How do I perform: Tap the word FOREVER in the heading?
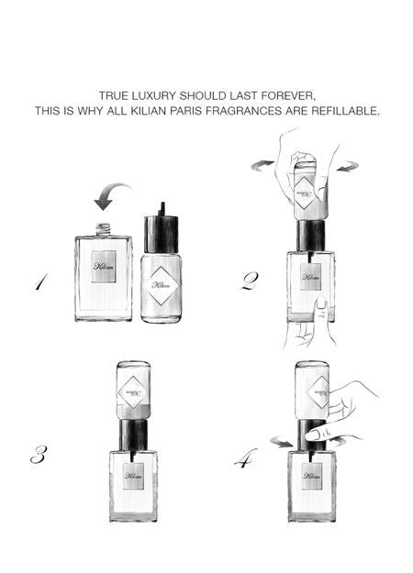288,95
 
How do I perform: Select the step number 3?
38,454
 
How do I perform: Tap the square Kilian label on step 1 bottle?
103,265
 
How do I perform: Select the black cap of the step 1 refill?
162,234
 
